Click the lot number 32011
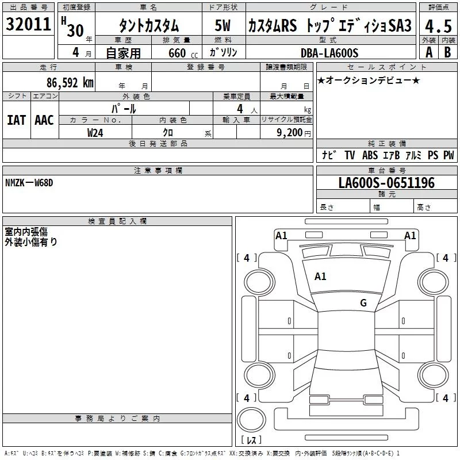(28, 25)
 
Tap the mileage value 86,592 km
(70, 82)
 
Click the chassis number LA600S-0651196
(386, 183)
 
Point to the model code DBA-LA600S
(329, 53)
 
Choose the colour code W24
(95, 132)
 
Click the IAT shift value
(16, 120)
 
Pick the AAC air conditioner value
(44, 120)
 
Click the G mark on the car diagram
(363, 303)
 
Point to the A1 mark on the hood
(320, 277)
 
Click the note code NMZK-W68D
(29, 182)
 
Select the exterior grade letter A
(428, 52)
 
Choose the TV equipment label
(350, 155)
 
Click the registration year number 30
(75, 30)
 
